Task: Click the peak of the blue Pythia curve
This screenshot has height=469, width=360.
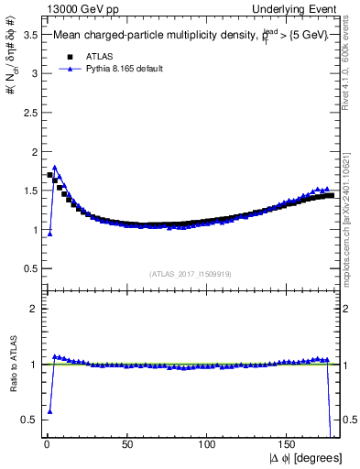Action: click(x=55, y=168)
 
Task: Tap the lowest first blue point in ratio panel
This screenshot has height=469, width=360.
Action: click(x=49, y=411)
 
